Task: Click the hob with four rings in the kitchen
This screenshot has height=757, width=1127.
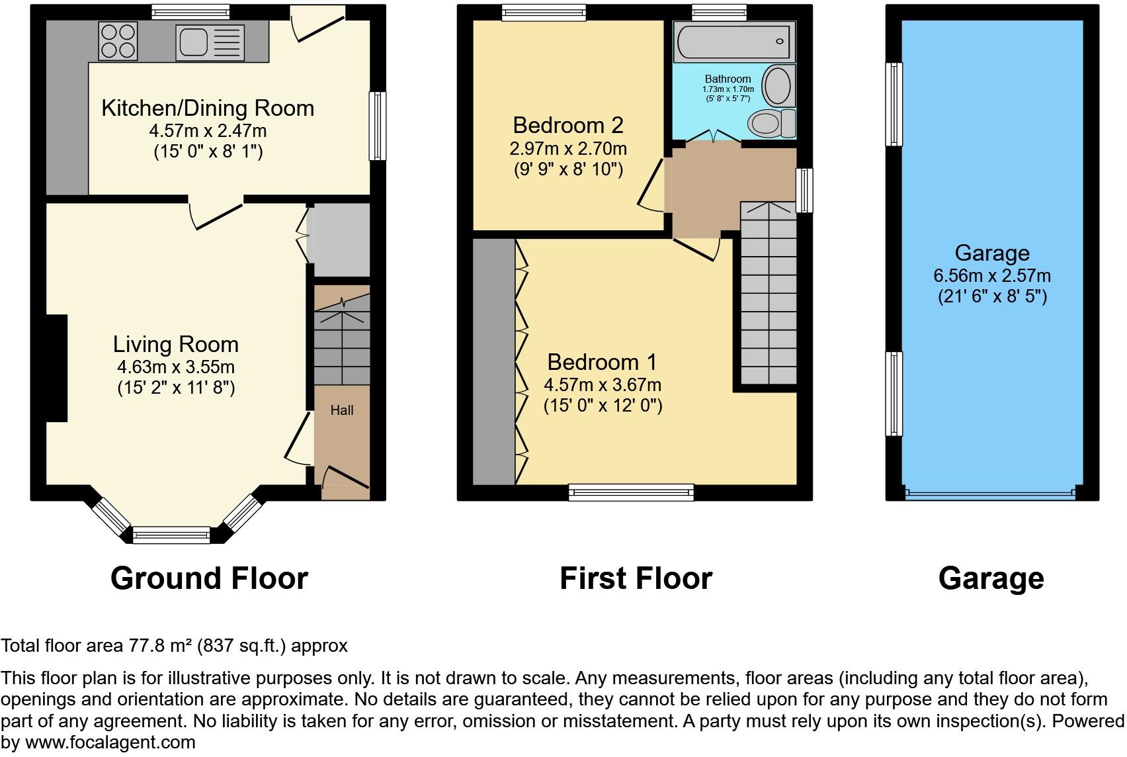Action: tap(118, 40)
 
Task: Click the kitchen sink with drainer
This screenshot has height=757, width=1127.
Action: tap(210, 42)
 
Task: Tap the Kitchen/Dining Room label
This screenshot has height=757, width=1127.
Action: tap(208, 109)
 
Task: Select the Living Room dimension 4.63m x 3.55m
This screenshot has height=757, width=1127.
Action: tap(176, 367)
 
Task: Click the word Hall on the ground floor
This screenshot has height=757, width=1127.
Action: tap(342, 410)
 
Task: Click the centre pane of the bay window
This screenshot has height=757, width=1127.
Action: tap(171, 535)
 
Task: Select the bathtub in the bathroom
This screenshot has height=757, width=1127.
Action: tap(733, 41)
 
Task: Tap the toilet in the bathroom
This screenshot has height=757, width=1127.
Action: tap(771, 123)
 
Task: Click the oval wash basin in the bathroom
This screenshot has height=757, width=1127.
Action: tap(778, 85)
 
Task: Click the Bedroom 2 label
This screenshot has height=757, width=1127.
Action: tap(568, 125)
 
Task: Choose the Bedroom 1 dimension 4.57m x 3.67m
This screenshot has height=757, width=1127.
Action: tap(603, 384)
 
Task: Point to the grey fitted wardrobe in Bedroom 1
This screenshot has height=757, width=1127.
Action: tap(494, 361)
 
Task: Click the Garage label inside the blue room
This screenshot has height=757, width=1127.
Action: tap(991, 253)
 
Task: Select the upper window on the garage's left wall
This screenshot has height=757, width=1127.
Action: tap(894, 104)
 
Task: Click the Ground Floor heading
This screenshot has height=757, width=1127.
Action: tap(209, 578)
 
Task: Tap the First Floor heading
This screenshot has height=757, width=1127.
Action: tap(636, 578)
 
